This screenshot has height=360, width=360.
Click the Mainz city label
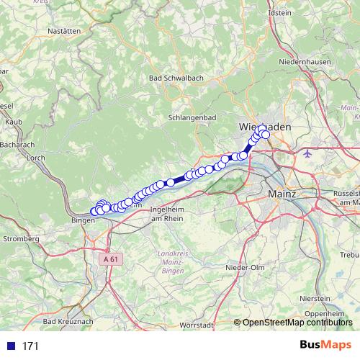(282, 194)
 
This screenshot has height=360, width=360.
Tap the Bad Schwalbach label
(174, 78)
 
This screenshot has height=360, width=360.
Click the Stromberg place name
(20, 238)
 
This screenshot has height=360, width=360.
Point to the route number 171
(30, 346)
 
